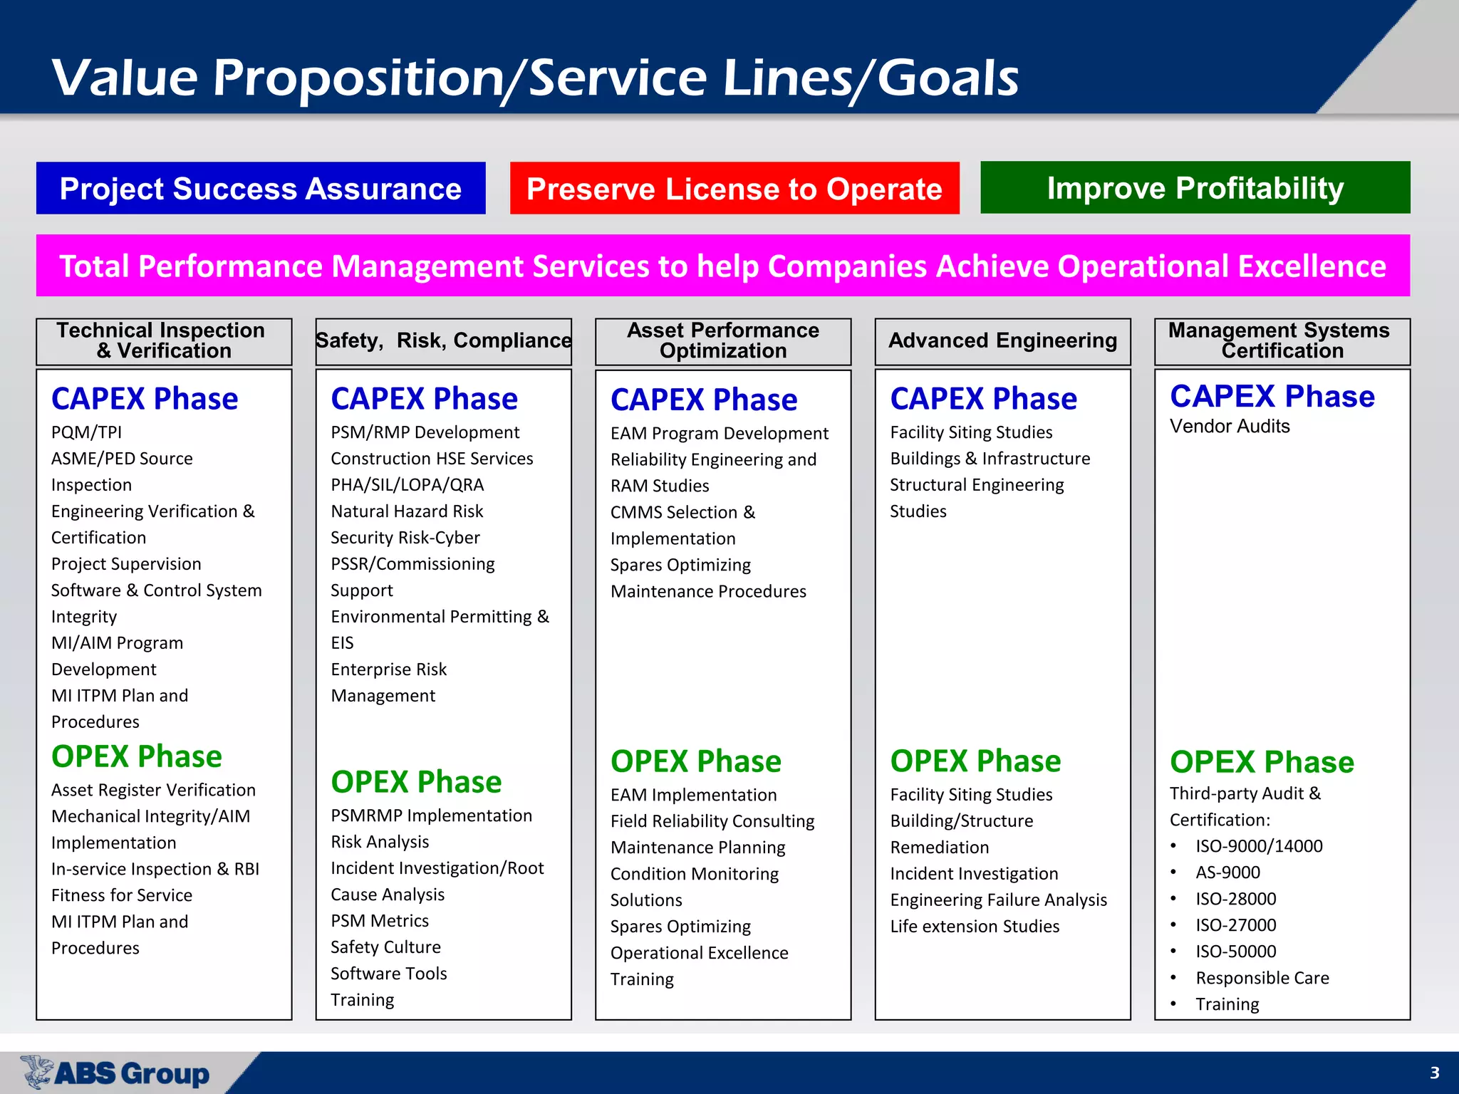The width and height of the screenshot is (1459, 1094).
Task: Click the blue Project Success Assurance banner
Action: [x=261, y=189]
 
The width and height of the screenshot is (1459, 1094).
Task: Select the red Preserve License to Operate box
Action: [x=734, y=189]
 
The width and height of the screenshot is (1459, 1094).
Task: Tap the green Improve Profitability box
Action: [x=1195, y=188]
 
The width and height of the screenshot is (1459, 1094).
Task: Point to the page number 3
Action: [x=1434, y=1073]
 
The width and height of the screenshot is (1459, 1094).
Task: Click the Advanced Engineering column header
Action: [x=1002, y=341]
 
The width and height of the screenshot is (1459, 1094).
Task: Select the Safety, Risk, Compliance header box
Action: [x=443, y=341]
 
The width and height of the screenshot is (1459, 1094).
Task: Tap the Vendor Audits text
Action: [x=1230, y=427]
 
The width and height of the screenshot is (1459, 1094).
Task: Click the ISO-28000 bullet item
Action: [x=1235, y=899]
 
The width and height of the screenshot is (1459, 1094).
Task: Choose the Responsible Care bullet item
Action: [x=1262, y=978]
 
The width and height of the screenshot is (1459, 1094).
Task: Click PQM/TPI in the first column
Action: [x=86, y=432]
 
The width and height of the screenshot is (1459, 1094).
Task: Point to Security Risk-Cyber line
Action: [x=405, y=538]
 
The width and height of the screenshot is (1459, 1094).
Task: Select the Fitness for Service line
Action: [x=122, y=895]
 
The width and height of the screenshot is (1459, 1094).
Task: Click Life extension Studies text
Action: [x=975, y=927]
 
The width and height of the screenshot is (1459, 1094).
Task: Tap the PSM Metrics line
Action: [x=380, y=921]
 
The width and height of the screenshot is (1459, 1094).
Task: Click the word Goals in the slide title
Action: [x=947, y=78]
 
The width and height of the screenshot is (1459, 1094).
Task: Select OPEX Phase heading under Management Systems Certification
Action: [x=1262, y=762]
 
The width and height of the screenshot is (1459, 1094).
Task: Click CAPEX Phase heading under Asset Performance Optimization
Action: [x=704, y=400]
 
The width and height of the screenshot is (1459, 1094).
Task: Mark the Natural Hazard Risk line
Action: [x=407, y=511]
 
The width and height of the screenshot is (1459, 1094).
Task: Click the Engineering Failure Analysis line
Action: [x=998, y=900]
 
